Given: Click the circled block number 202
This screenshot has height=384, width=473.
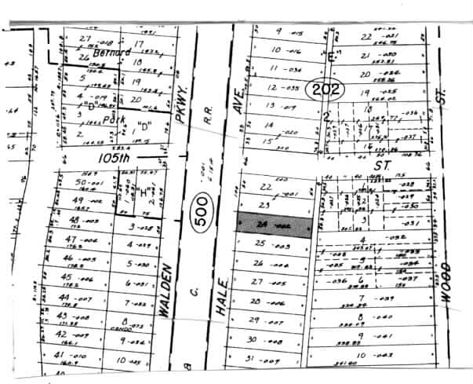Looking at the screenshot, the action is [x=325, y=90].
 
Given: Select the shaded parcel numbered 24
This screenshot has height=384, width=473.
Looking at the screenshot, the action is [x=275, y=223].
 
